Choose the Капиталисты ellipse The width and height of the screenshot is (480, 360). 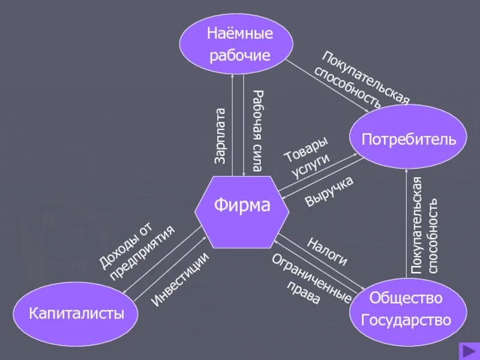[x=77, y=313]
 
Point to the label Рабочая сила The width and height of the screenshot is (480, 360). [x=257, y=131]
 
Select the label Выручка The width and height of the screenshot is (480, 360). [x=329, y=191]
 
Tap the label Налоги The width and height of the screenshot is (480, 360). [x=327, y=251]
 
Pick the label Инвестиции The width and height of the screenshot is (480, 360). [x=179, y=279]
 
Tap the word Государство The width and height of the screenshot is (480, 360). [x=406, y=320]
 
